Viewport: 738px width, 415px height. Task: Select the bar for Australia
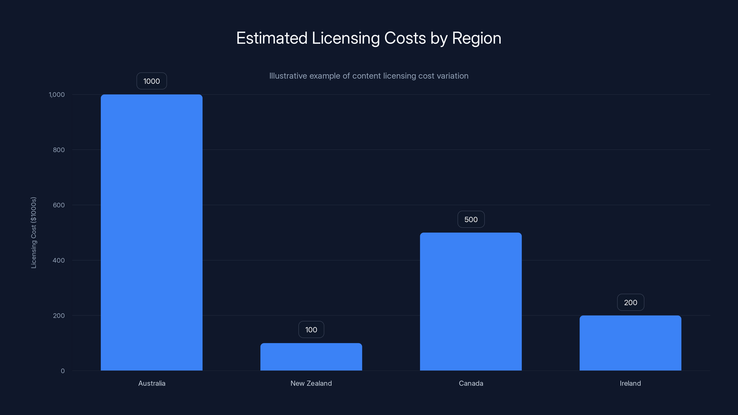152,232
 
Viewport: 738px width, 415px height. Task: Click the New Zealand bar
311,357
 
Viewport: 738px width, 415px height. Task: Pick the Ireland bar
630,343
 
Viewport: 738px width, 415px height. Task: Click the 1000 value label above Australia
152,81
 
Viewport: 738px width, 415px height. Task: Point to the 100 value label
311,330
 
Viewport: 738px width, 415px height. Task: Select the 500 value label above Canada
471,219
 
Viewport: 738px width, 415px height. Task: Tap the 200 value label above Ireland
630,302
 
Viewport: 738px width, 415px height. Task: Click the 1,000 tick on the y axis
57,95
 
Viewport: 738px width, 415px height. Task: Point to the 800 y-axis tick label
59,150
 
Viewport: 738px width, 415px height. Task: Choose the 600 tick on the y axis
59,205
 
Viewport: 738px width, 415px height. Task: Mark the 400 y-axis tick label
59,260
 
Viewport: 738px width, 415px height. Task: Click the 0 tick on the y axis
63,371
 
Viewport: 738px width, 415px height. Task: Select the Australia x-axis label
152,383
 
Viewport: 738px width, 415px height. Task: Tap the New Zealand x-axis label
311,383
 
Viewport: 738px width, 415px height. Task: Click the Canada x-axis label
471,383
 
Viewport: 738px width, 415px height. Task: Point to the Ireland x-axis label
630,383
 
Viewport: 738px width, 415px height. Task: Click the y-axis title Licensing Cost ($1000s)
33,233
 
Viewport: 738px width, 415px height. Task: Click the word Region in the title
476,38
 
